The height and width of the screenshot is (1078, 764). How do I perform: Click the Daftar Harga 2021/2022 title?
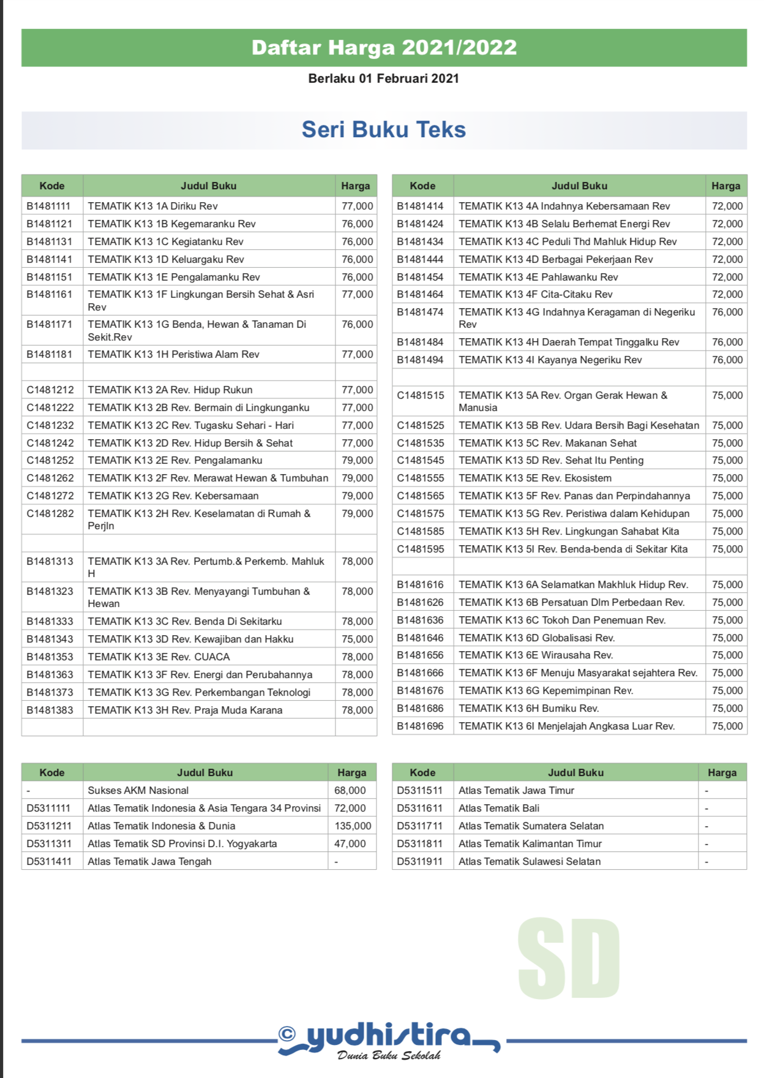(x=384, y=48)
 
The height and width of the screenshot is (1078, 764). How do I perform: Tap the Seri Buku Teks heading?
(x=384, y=130)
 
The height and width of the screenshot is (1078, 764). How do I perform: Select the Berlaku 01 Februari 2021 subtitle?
(x=383, y=78)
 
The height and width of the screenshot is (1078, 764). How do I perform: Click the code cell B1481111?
(x=48, y=206)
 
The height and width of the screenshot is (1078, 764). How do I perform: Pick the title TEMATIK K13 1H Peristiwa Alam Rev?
(x=173, y=355)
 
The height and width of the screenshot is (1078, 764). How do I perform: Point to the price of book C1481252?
(x=357, y=461)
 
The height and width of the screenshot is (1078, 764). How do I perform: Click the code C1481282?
(x=50, y=514)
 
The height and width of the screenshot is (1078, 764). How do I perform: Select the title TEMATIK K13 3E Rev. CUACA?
(x=159, y=657)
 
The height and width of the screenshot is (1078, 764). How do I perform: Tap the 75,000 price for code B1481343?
(x=357, y=639)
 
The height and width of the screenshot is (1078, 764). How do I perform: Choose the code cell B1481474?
(x=420, y=312)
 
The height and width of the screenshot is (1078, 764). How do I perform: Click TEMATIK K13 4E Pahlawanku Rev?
(x=538, y=277)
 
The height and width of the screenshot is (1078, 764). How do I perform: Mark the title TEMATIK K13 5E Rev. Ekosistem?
(x=534, y=478)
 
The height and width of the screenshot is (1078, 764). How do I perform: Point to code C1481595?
(x=421, y=549)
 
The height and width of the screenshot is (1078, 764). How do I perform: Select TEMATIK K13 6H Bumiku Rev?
(x=528, y=709)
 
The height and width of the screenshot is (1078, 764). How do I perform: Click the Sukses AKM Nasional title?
(x=138, y=791)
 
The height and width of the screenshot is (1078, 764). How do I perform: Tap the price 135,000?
(x=353, y=826)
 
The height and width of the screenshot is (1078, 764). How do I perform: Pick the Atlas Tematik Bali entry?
(x=498, y=809)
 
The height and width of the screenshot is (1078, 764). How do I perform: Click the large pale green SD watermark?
(x=569, y=959)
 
